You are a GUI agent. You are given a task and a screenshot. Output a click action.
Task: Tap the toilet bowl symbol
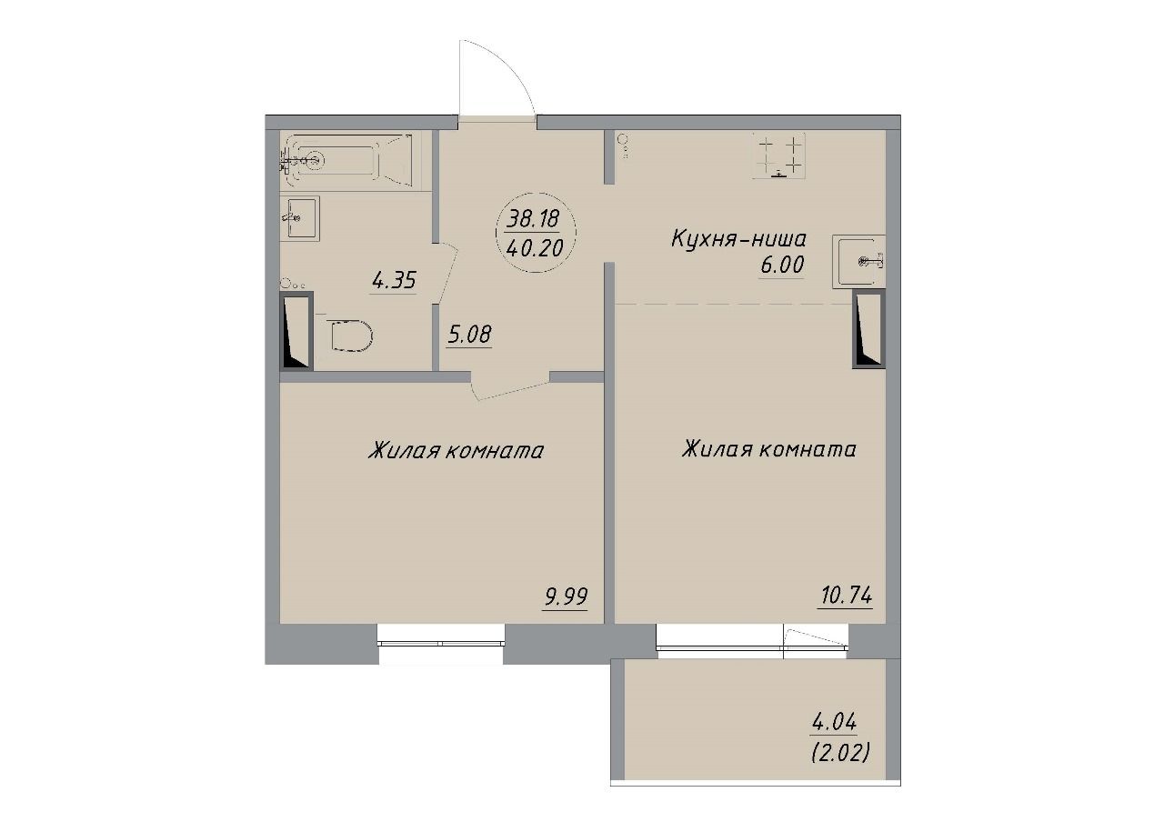[x=352, y=334]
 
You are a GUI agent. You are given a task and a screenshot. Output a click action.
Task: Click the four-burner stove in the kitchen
[x=778, y=155]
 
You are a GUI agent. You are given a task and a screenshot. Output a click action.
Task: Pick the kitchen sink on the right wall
[x=858, y=261]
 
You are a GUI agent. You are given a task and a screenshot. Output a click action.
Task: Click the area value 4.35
[x=394, y=282]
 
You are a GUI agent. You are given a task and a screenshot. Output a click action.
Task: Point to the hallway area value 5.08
[x=468, y=335]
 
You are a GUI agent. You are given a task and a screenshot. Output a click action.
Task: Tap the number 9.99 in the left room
[x=566, y=597]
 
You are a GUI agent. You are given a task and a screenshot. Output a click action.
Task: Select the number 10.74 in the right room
[x=846, y=596]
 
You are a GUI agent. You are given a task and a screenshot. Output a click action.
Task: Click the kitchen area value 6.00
[x=781, y=266]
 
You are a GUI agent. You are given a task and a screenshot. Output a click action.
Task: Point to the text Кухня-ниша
[x=738, y=239]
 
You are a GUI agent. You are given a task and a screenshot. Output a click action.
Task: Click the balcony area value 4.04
[x=833, y=722]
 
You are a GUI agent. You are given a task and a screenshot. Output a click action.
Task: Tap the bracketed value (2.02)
[x=839, y=752]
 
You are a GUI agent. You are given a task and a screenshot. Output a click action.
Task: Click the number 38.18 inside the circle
[x=533, y=220]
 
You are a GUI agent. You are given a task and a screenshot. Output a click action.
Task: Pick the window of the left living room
[x=441, y=642]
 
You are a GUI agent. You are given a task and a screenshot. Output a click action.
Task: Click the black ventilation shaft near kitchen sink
[x=868, y=329]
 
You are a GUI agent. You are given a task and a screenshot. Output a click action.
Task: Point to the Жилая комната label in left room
[x=456, y=450]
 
